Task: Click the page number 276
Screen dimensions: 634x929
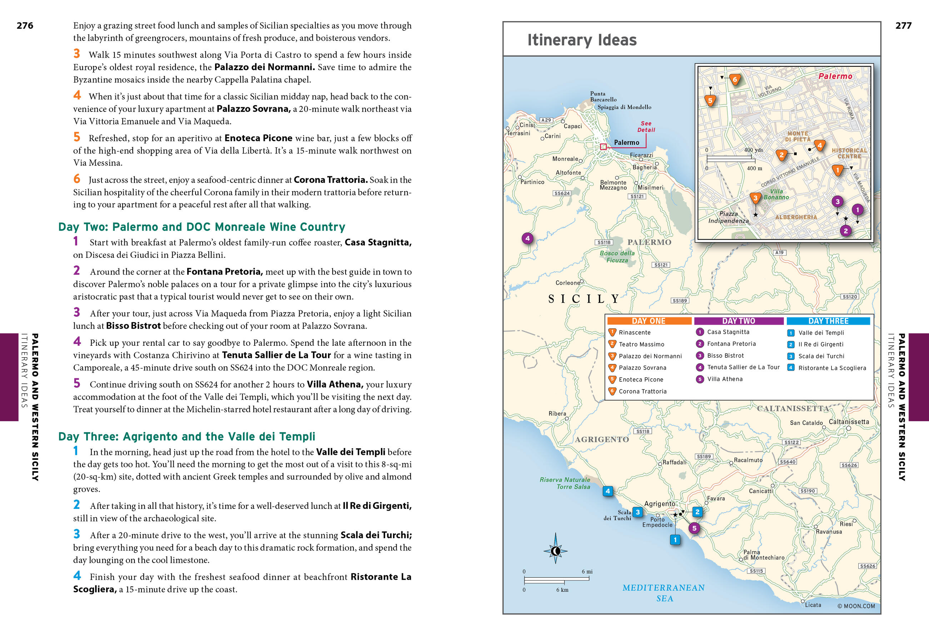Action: [25, 26]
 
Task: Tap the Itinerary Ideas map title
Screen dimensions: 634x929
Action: [582, 40]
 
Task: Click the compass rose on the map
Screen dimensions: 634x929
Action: [555, 551]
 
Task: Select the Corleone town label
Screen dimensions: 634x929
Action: [567, 283]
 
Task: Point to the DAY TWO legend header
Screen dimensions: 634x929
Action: [738, 321]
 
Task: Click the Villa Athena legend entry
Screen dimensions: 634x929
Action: [724, 379]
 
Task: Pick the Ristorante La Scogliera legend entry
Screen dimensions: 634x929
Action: [832, 368]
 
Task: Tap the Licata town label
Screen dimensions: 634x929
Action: [813, 605]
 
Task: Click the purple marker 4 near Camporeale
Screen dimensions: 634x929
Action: [527, 239]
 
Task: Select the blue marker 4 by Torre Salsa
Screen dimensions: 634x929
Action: [608, 491]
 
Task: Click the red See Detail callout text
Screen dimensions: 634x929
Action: [646, 126]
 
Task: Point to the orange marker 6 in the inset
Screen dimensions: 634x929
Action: [734, 79]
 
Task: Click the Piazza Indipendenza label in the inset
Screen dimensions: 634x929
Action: [728, 217]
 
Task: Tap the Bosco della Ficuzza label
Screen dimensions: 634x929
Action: [617, 256]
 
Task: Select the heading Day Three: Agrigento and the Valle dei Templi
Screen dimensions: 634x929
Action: [187, 436]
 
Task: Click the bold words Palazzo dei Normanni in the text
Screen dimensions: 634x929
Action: [264, 67]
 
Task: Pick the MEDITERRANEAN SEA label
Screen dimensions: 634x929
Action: [664, 593]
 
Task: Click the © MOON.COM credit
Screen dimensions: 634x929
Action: [856, 606]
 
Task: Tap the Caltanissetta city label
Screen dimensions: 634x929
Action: [849, 422]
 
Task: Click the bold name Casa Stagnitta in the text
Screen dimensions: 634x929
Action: [378, 242]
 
